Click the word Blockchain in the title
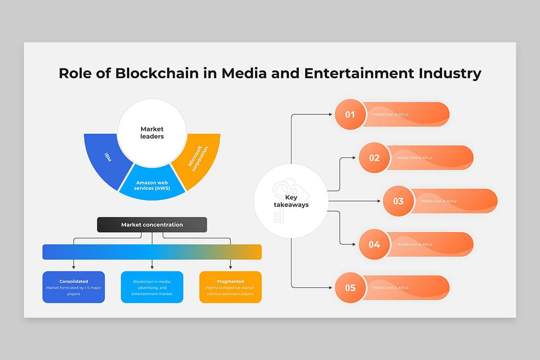(157, 73)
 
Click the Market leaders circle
(152, 133)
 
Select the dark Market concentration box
(152, 225)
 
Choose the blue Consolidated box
(73, 287)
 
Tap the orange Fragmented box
(230, 287)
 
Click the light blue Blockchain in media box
(152, 287)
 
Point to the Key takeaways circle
(291, 201)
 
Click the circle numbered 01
(350, 114)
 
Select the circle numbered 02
(374, 157)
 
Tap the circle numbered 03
(398, 201)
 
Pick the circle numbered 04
(374, 244)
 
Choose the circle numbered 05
(350, 288)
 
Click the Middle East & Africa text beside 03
(438, 201)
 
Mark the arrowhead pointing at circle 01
(331, 114)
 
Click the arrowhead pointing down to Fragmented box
(230, 267)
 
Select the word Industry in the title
(450, 73)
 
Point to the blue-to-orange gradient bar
(152, 252)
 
